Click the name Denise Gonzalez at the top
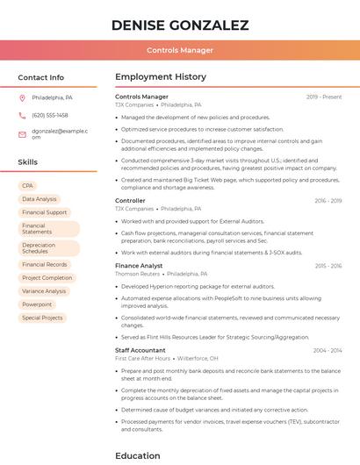click(x=180, y=25)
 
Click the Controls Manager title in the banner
click(x=180, y=50)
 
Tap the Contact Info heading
click(x=41, y=77)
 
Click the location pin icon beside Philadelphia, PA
click(x=22, y=97)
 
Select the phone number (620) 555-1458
click(x=49, y=115)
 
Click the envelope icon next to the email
click(x=22, y=133)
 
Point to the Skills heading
click(x=28, y=162)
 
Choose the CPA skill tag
click(x=28, y=186)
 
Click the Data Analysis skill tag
click(x=40, y=199)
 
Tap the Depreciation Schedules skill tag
click(x=40, y=248)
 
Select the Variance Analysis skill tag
click(x=44, y=291)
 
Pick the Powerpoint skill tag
click(x=37, y=304)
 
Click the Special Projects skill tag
click(x=42, y=318)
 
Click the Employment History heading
click(x=161, y=77)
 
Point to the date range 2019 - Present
click(x=324, y=97)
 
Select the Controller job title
click(x=131, y=201)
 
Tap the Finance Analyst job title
click(x=139, y=265)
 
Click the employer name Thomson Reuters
click(x=137, y=274)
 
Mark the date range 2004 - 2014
click(x=328, y=350)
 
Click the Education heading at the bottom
click(x=138, y=455)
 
